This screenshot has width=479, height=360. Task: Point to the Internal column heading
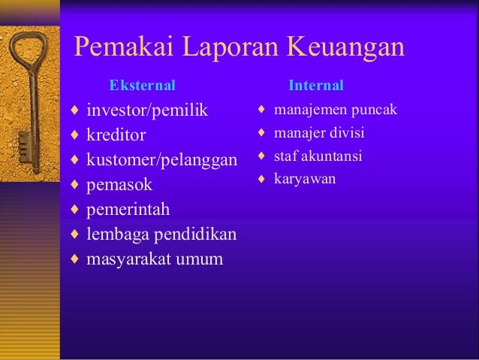(x=316, y=85)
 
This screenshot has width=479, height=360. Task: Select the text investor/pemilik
(x=146, y=112)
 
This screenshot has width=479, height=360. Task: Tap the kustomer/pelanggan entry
(x=161, y=161)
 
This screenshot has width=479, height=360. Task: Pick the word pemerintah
(x=128, y=210)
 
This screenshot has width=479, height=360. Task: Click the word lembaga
(x=116, y=234)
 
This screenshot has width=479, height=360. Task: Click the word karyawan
(x=305, y=180)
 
